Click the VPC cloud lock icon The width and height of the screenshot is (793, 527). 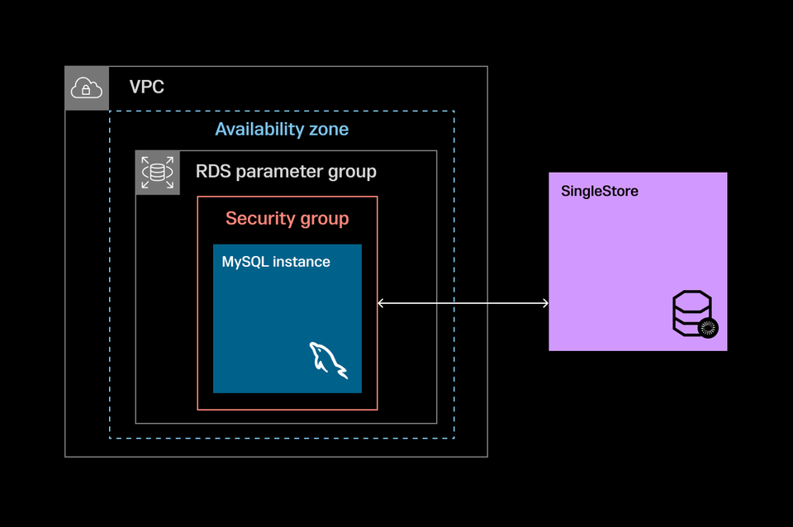point(87,88)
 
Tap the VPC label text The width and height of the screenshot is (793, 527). point(147,87)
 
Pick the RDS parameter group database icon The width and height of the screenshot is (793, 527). point(157,173)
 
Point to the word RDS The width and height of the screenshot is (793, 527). point(212,172)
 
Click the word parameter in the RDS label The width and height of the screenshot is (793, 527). point(274,173)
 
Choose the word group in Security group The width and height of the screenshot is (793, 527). point(325,220)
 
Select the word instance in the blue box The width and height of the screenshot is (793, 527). point(302,262)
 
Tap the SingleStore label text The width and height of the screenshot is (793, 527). point(599,192)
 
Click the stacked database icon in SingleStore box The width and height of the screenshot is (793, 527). point(692,314)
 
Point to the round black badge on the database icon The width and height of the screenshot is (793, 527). point(708,328)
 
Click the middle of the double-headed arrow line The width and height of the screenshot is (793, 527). point(463,303)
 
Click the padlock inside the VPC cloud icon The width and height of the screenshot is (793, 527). point(87,89)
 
